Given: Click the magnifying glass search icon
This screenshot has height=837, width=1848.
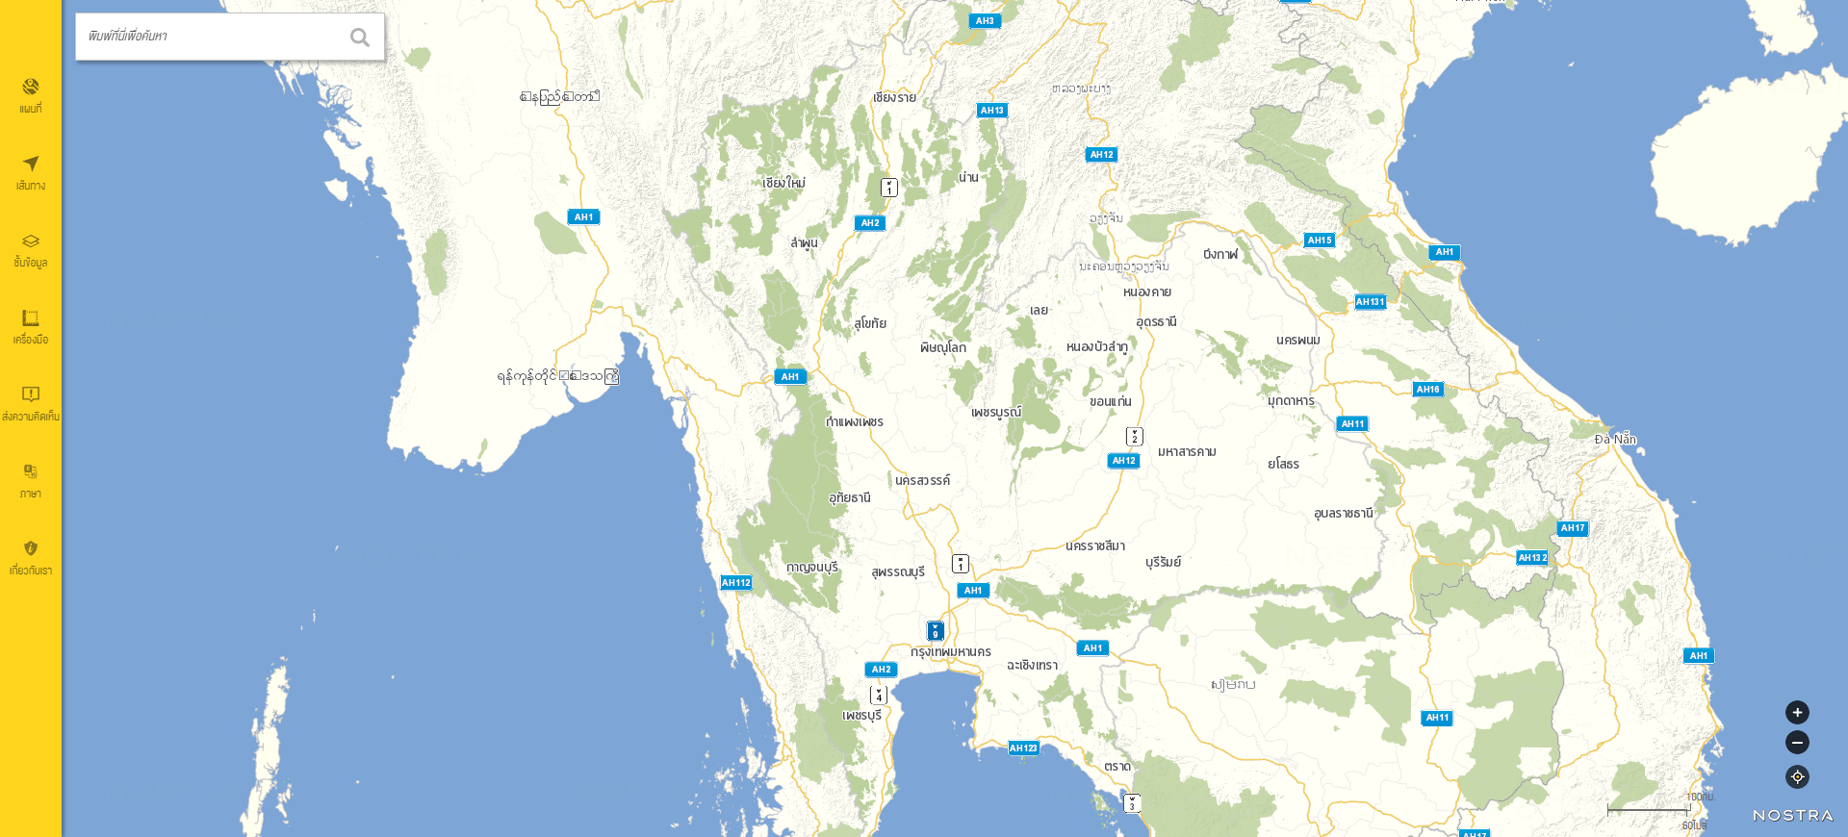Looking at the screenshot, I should click(360, 38).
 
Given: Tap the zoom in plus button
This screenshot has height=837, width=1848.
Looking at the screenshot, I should click(1797, 713).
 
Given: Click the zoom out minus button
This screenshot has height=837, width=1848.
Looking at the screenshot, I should click(1797, 743).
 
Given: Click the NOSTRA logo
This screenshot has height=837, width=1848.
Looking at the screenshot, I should click(1792, 816).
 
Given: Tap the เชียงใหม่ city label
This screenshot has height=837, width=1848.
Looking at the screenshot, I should click(783, 183).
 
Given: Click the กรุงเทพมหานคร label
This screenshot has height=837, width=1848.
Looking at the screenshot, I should click(951, 652).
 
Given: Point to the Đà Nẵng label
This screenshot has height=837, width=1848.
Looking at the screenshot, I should click(1615, 440).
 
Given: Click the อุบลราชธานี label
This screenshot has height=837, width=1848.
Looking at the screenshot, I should click(1344, 514).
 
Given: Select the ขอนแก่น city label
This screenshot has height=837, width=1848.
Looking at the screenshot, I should click(1111, 402).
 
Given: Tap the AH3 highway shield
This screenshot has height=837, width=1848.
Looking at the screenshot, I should click(985, 21).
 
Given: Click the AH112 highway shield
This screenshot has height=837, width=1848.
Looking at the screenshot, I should click(736, 583).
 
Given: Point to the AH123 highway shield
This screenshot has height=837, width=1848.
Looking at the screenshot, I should click(1023, 748).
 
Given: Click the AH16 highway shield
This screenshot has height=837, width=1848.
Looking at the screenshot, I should click(1427, 390).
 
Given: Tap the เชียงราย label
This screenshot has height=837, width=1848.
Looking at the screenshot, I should click(894, 98).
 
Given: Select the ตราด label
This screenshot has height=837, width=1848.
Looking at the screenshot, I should click(1117, 767).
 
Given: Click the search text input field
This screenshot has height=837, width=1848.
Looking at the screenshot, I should click(212, 37).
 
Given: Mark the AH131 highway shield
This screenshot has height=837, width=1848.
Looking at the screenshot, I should click(1370, 302).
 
